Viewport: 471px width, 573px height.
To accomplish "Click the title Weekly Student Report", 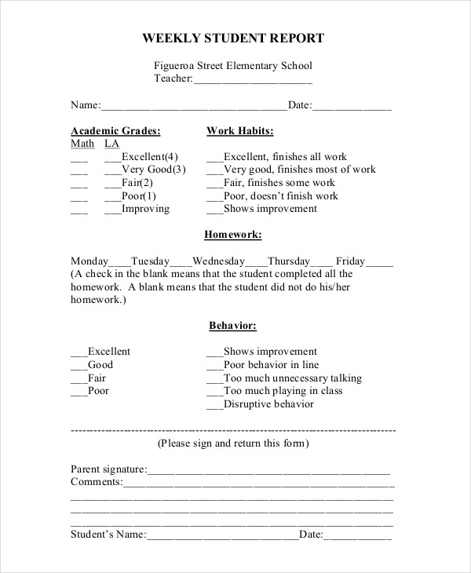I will tap(232, 38).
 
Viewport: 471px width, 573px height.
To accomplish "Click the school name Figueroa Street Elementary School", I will tap(232, 66).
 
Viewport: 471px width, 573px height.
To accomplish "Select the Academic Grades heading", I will tap(115, 131).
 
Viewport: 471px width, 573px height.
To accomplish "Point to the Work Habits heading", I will tap(239, 131).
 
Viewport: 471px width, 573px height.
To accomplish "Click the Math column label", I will tap(82, 144).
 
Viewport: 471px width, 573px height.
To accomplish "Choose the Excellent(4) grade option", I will tap(150, 157).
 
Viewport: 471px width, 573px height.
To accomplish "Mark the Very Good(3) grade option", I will tap(154, 170).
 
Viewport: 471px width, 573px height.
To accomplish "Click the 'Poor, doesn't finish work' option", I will tap(280, 196).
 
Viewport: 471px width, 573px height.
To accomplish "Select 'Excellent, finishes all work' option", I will tap(284, 157).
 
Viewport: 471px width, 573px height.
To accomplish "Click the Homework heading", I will tap(232, 235).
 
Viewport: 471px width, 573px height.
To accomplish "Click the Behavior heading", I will tap(232, 326).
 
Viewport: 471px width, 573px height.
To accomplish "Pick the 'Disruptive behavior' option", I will tap(268, 404).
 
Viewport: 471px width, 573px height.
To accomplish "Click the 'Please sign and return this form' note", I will tap(233, 443).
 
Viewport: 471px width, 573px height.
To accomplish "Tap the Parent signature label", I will tap(108, 469).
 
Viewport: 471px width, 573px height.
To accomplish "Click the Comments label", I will tap(97, 482).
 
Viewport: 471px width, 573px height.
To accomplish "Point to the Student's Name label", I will tap(108, 535).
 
